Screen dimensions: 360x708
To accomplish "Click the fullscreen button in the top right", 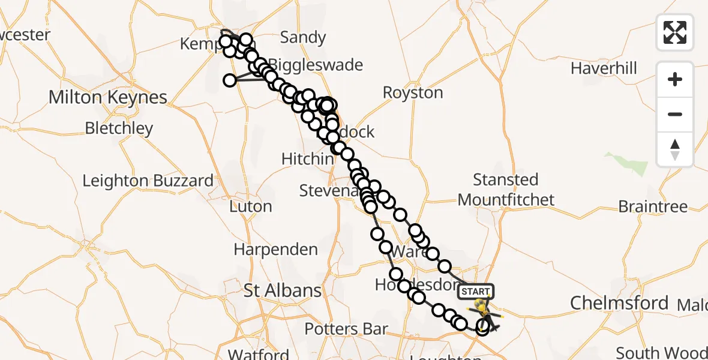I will click(x=675, y=32).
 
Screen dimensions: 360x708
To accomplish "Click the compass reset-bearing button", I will click(x=675, y=149).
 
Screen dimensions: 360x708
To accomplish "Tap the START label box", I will click(x=476, y=292).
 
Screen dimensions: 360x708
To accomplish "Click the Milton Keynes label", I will click(x=108, y=97).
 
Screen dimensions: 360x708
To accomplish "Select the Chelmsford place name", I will click(x=619, y=303).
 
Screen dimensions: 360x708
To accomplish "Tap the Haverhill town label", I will click(x=604, y=68).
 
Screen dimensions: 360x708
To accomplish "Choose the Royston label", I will click(x=413, y=93).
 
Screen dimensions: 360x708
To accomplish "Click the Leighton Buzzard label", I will click(x=148, y=181).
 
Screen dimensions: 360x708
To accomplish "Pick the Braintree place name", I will click(x=653, y=207).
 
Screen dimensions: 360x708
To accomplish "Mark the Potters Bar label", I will click(x=346, y=329).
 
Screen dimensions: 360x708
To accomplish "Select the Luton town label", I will click(x=251, y=206).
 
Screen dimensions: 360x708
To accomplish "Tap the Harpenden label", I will click(x=275, y=250).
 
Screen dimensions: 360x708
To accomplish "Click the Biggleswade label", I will click(x=316, y=65).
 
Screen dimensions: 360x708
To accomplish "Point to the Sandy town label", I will click(x=302, y=38).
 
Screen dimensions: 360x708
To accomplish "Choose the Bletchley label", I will click(x=119, y=128).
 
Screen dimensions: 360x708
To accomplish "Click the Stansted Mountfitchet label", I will click(x=506, y=190).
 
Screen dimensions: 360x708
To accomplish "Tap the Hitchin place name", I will click(x=308, y=159).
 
